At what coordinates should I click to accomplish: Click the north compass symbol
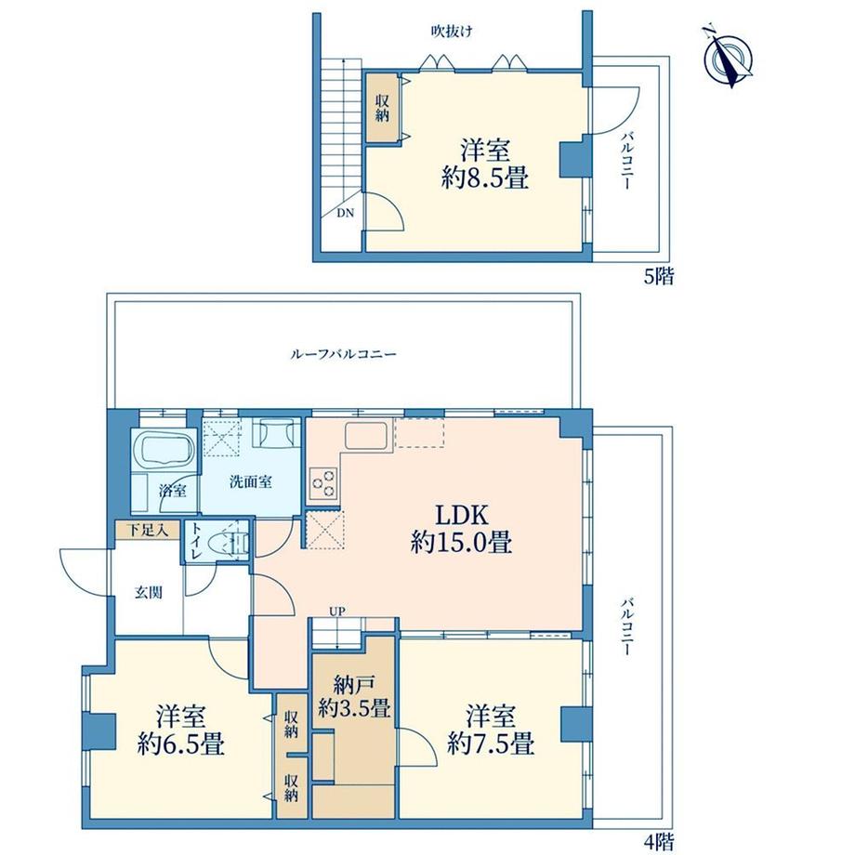coord(729,56)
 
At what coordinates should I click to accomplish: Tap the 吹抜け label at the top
coord(452,32)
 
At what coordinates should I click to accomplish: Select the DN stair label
coord(345,213)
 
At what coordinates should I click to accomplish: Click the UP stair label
coord(337,612)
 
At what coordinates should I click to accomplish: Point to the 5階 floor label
coord(659,277)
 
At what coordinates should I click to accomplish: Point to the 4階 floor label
coord(659,843)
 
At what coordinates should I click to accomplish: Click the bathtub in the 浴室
coord(164,448)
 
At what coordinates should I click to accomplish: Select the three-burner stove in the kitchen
coord(322,483)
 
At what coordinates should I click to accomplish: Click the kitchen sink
coord(366,436)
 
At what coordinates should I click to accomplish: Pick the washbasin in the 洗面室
coord(277,433)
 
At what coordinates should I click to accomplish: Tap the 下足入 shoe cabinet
coord(147,530)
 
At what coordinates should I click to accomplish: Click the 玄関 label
coord(149,592)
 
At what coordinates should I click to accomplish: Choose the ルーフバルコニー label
coord(343,354)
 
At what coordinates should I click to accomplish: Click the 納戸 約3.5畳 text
coord(354,696)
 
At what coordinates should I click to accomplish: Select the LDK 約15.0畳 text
coord(461,529)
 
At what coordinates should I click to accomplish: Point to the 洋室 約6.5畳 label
coord(180,730)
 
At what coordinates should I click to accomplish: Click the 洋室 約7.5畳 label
coord(490,730)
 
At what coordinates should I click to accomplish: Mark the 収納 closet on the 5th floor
coord(382,108)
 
